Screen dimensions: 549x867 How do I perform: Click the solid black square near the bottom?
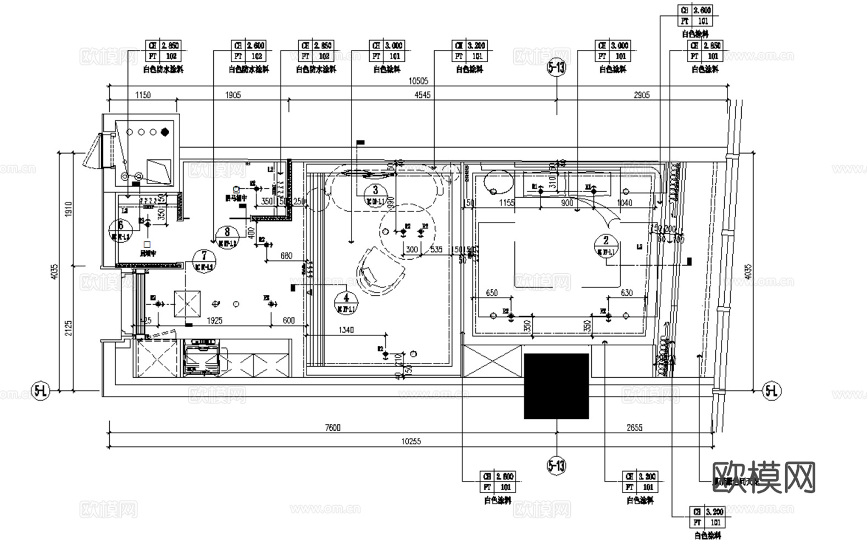pyautogui.click(x=556, y=386)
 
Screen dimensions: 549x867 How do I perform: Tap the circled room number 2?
pyautogui.click(x=606, y=240)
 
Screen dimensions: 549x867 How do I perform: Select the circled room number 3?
pyautogui.click(x=375, y=190)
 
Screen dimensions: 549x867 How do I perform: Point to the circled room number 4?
pyautogui.click(x=346, y=298)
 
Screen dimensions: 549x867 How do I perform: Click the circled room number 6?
pyautogui.click(x=120, y=226)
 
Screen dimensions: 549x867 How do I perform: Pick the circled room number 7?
pyautogui.click(x=204, y=255)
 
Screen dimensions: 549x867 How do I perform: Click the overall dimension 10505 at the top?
pyautogui.click(x=418, y=81)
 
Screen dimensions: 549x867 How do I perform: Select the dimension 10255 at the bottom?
pyautogui.click(x=411, y=441)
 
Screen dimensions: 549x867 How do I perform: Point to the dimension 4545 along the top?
pyautogui.click(x=423, y=95)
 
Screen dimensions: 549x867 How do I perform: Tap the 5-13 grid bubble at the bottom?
pyautogui.click(x=556, y=466)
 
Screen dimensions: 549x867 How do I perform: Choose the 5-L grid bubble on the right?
pyautogui.click(x=771, y=391)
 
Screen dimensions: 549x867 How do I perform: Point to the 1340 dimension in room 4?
pyautogui.click(x=346, y=330)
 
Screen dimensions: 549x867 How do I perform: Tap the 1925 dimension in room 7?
pyautogui.click(x=214, y=321)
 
